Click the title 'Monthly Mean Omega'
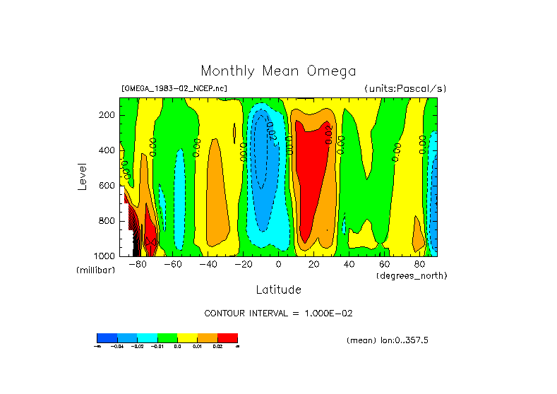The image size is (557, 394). tap(278, 71)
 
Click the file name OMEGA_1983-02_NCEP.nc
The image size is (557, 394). tap(174, 88)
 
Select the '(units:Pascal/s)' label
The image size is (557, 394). tap(405, 88)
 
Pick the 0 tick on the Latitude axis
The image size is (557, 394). tap(278, 265)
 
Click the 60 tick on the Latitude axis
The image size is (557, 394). tap(383, 265)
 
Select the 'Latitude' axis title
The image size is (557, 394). tap(278, 289)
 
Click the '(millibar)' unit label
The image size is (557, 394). tap(96, 270)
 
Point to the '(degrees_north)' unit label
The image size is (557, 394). tap(412, 275)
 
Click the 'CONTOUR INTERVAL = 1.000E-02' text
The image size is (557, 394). tap(278, 313)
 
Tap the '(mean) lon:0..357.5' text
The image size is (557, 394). tap(388, 340)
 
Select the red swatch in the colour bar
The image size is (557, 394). tap(227, 338)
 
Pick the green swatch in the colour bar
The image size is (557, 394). tap(167, 338)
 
